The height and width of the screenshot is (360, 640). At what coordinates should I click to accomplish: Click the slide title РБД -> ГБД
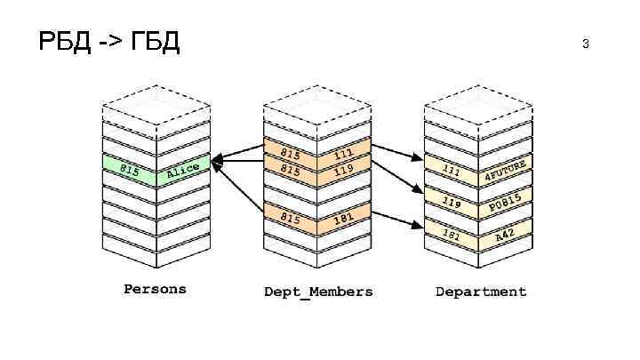(109, 42)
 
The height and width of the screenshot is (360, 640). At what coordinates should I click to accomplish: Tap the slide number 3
(586, 43)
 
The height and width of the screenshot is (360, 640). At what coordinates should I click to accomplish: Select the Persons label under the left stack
(155, 289)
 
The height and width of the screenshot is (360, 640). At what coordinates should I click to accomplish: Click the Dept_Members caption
(318, 292)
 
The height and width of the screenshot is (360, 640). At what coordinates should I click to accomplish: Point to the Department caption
(480, 292)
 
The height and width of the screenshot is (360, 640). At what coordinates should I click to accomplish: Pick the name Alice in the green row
(183, 170)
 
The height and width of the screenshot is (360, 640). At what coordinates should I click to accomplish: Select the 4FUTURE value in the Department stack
(505, 172)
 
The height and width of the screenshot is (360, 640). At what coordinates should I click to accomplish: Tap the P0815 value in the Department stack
(504, 204)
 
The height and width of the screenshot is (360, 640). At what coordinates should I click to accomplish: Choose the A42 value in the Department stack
(504, 236)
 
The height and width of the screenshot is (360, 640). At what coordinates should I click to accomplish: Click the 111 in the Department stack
(452, 170)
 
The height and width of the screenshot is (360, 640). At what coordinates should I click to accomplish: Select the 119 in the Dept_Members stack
(344, 169)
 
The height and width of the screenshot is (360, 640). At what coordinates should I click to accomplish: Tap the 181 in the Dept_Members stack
(344, 218)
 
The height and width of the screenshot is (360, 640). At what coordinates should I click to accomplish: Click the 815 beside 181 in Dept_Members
(291, 217)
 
